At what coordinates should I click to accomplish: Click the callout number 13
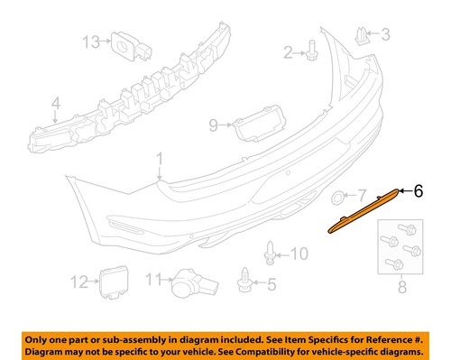click(x=90, y=42)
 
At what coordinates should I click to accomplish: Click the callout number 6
click(x=418, y=190)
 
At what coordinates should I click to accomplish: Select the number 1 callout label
click(x=159, y=162)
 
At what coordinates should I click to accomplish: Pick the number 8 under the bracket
click(x=402, y=289)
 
